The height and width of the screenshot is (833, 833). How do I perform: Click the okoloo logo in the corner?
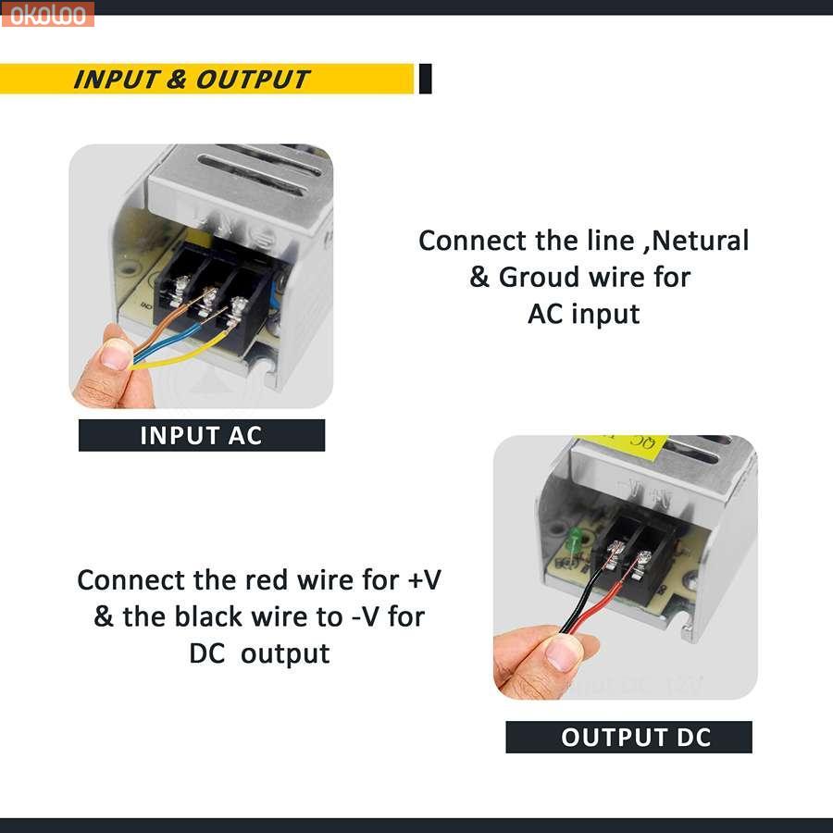(x=47, y=14)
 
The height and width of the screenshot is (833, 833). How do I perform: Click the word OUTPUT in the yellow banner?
(x=253, y=80)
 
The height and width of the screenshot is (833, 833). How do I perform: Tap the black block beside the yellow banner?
(x=425, y=79)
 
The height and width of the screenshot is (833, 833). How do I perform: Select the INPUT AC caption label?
(x=202, y=435)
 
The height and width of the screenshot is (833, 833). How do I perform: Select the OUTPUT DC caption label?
(x=628, y=737)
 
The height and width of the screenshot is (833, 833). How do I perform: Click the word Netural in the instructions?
(x=701, y=240)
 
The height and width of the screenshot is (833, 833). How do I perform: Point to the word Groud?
(x=540, y=278)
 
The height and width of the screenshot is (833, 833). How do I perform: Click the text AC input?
(x=584, y=314)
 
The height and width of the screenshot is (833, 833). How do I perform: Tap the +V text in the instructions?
(x=424, y=579)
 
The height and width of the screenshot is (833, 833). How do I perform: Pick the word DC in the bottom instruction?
(x=207, y=653)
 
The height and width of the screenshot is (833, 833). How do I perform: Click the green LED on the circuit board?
(x=574, y=541)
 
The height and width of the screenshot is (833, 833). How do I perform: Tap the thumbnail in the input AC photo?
(x=116, y=354)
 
